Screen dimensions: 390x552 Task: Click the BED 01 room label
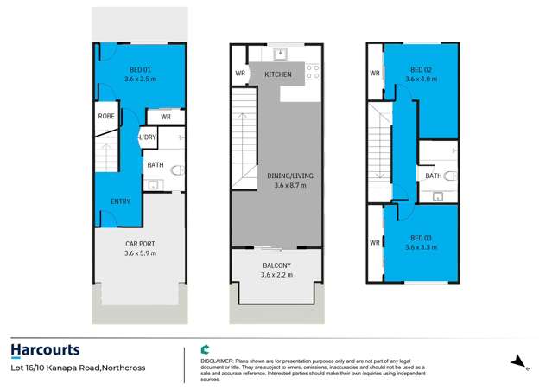141,69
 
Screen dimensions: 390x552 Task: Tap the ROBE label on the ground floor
106,115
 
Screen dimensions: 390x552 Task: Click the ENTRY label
121,201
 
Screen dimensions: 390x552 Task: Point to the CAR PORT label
141,245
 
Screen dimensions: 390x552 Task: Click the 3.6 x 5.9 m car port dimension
141,254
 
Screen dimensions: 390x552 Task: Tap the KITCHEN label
278,75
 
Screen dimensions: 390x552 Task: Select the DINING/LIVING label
278,176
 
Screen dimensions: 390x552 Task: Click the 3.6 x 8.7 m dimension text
278,185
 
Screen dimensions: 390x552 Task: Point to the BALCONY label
277,265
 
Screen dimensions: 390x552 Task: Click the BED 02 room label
421,69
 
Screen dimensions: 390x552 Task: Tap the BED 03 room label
421,237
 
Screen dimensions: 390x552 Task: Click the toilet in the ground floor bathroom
177,171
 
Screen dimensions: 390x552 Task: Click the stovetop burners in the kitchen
312,72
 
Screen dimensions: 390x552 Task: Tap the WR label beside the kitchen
239,74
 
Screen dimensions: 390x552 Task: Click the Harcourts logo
46,349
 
